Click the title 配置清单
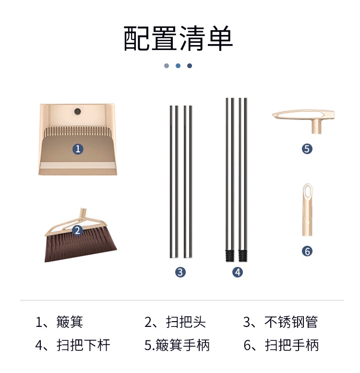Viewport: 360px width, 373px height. pyautogui.click(x=178, y=38)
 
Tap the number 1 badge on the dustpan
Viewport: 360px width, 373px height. pyautogui.click(x=78, y=149)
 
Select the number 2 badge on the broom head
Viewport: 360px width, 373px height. pyautogui.click(x=77, y=230)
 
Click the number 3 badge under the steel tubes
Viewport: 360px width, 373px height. pyautogui.click(x=180, y=272)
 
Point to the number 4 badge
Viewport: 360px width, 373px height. pyautogui.click(x=238, y=272)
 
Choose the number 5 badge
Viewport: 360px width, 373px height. pyautogui.click(x=307, y=149)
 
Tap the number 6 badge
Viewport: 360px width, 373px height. pyautogui.click(x=307, y=251)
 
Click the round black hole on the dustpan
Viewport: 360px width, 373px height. pyautogui.click(x=77, y=111)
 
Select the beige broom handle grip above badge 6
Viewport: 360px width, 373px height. pyautogui.click(x=307, y=210)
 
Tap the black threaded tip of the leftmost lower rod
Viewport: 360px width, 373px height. pyautogui.click(x=230, y=256)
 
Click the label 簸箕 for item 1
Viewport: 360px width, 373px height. pyautogui.click(x=70, y=322)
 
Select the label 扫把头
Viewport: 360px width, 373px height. pyautogui.click(x=186, y=322)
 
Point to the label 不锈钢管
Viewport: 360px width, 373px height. pyautogui.click(x=291, y=322)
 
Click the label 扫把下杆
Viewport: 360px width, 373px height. pyautogui.click(x=83, y=345)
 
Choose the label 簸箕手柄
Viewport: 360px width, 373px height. pyautogui.click(x=182, y=345)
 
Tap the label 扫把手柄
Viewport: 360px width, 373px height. pyautogui.click(x=292, y=345)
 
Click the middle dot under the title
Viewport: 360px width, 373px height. pyautogui.click(x=178, y=66)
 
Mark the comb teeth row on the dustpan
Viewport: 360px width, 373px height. pyautogui.click(x=77, y=132)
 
